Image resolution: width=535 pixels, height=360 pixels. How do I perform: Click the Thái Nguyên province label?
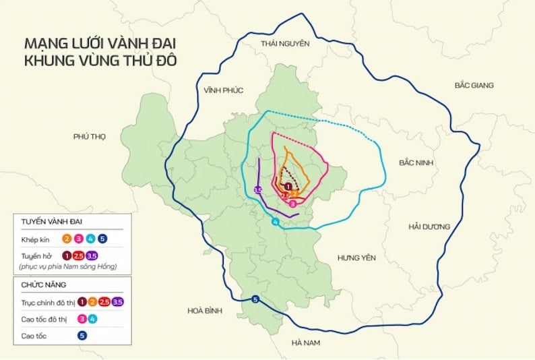pos(285,44)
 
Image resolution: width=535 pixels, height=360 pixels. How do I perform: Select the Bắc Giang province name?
pos(474,86)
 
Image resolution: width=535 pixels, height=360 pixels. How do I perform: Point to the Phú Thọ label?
pos(90,136)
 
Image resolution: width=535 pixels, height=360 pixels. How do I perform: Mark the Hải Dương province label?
pos(429,227)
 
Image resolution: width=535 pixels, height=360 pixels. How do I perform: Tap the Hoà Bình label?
pos(203,311)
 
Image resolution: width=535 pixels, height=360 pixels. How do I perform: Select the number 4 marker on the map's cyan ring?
pos(275,222)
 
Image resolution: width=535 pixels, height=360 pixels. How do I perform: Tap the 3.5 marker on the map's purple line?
pos(257,191)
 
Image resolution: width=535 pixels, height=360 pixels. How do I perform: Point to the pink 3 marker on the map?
pos(292,202)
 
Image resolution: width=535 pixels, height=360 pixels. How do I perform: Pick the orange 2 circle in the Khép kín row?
pos(67,238)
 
